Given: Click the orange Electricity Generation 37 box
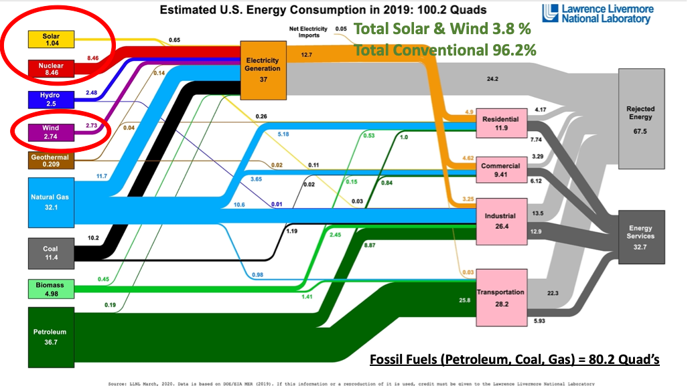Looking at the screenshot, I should pyautogui.click(x=263, y=69).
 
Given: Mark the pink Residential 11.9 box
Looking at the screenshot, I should pyautogui.click(x=500, y=124).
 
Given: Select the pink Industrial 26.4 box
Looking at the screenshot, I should pyautogui.click(x=500, y=221).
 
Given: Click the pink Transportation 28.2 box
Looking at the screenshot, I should pyautogui.click(x=501, y=296).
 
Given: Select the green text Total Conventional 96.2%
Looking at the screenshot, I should pyautogui.click(x=445, y=50).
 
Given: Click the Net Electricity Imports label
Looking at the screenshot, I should pyautogui.click(x=308, y=33).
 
